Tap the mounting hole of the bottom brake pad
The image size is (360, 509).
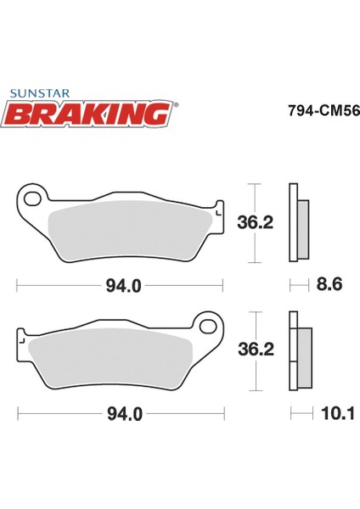(205, 325)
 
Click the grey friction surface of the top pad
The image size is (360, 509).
(127, 230)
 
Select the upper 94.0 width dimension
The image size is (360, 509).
(122, 286)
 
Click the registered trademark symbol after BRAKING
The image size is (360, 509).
(177, 105)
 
